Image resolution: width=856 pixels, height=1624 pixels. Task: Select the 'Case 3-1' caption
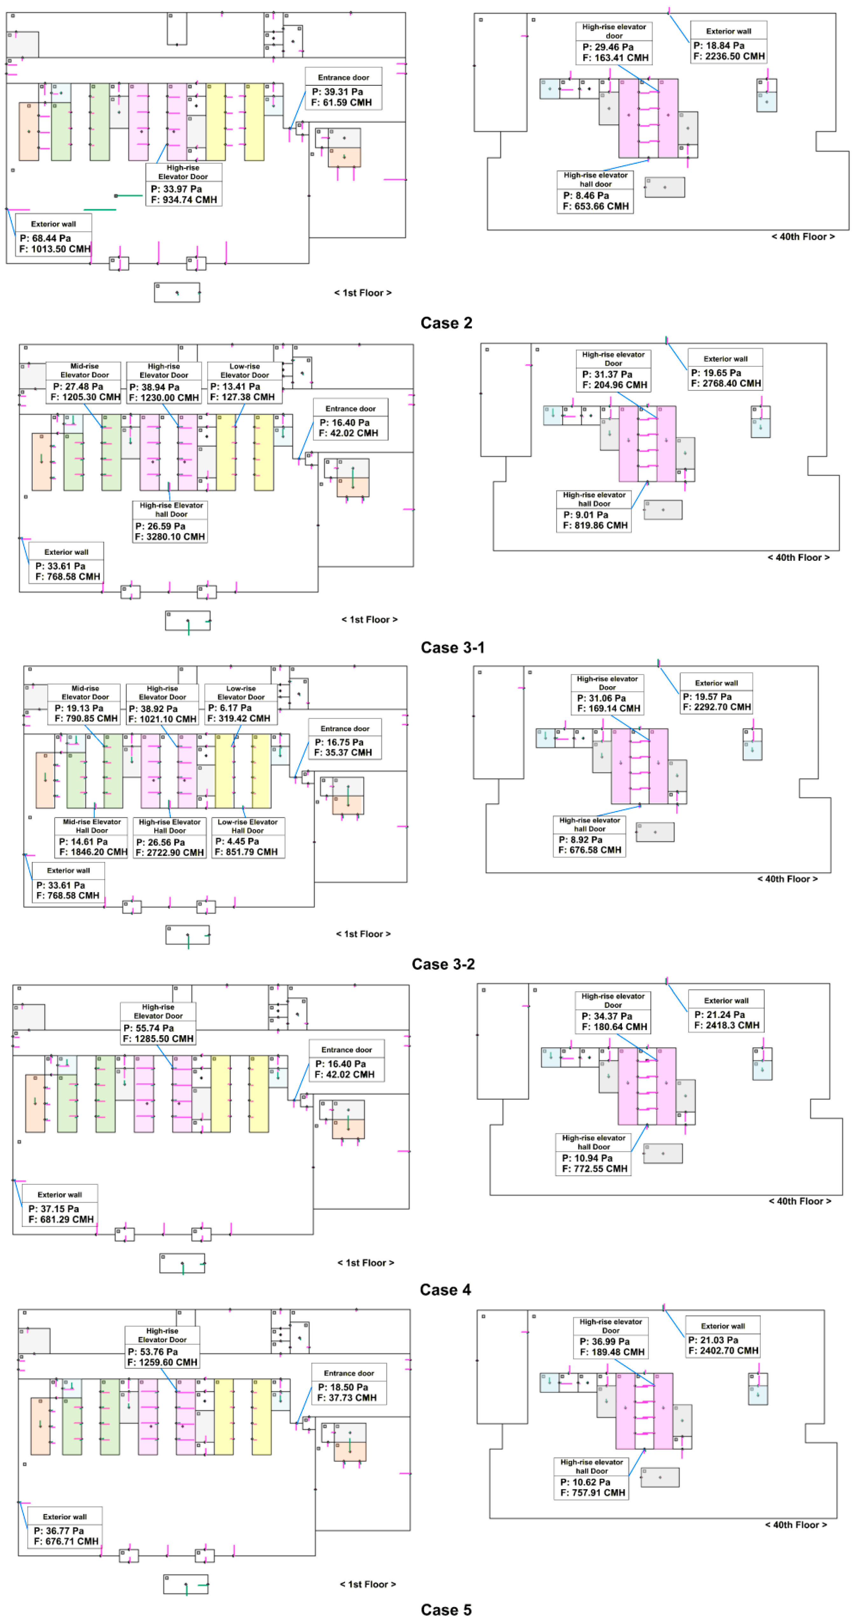(x=452, y=647)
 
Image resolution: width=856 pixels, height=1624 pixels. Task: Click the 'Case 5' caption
(x=446, y=1609)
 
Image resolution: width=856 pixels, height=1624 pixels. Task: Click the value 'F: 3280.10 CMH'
(x=170, y=536)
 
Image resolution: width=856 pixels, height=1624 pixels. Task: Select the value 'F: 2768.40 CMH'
(x=725, y=383)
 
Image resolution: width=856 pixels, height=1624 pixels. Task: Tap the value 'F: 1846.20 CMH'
(x=93, y=852)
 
